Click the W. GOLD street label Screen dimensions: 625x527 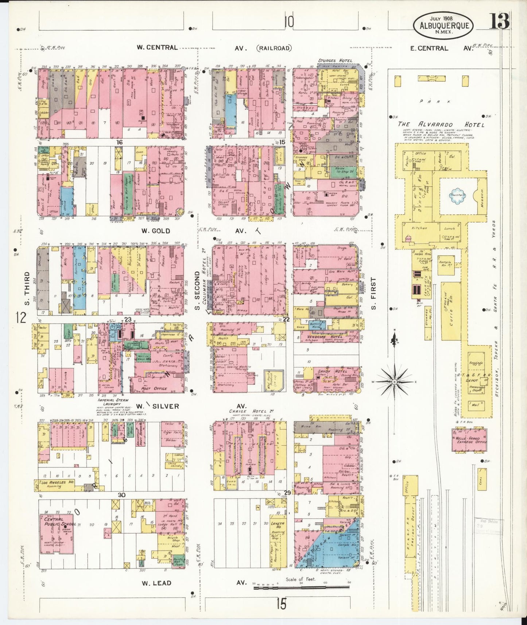click(x=155, y=231)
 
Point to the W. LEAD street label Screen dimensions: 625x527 click(x=156, y=583)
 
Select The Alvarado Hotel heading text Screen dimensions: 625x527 click(x=441, y=125)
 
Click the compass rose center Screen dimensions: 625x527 click(x=394, y=381)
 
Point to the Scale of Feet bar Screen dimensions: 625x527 click(x=301, y=588)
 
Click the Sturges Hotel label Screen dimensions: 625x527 click(x=335, y=61)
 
